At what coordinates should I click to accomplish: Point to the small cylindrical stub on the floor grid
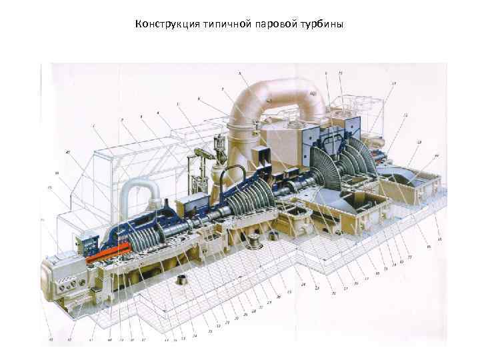(x=180, y=284)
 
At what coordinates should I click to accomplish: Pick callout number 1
(x=95, y=125)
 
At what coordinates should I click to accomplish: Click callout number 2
(x=122, y=120)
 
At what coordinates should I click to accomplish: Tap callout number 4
(x=158, y=113)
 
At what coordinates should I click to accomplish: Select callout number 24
(x=303, y=285)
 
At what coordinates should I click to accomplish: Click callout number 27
(x=269, y=303)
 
